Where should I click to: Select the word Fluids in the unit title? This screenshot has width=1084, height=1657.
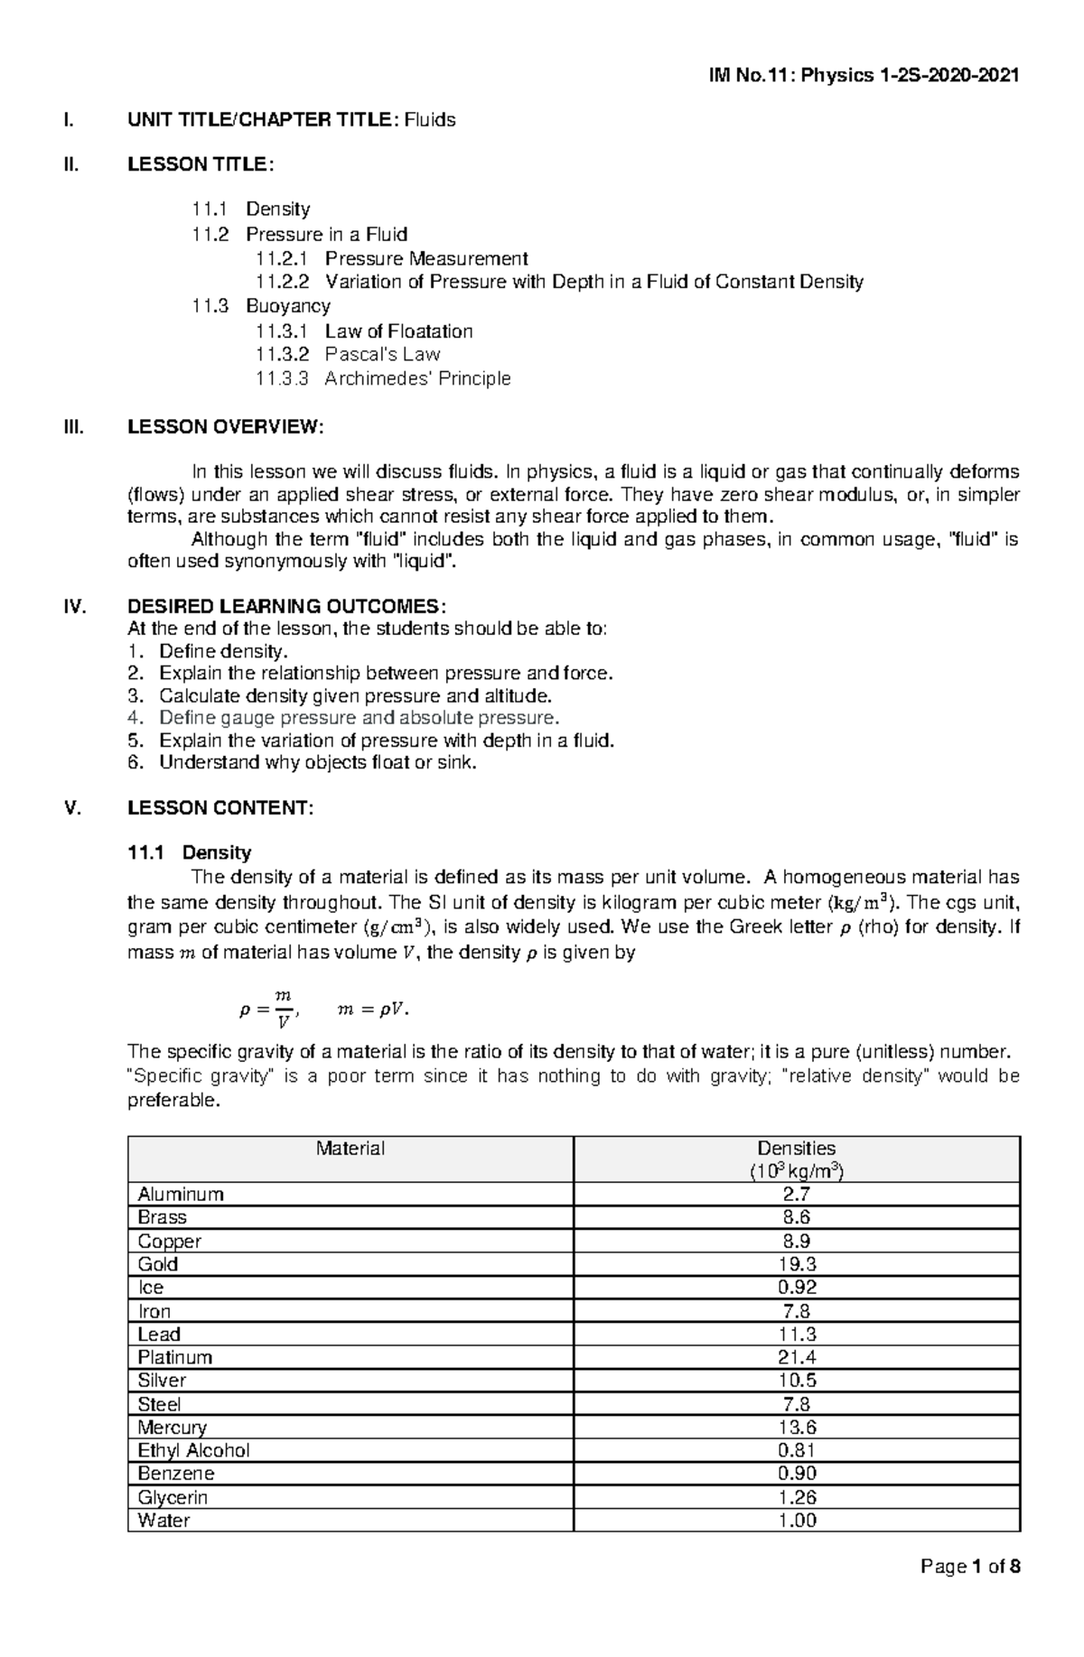(x=430, y=119)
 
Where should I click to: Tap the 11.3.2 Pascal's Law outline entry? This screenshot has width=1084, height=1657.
(x=348, y=355)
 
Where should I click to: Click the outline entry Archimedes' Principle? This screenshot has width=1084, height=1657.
(x=417, y=378)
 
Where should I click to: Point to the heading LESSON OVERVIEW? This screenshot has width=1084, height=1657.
(x=225, y=427)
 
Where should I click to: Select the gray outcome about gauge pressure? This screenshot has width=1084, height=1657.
(x=359, y=718)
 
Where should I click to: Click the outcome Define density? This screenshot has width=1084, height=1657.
(x=223, y=651)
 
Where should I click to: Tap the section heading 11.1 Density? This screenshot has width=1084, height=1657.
(x=190, y=852)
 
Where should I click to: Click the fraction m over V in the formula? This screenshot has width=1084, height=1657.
(x=283, y=1010)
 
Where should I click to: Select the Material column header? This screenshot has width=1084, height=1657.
(x=350, y=1149)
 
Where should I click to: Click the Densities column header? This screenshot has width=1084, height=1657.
(x=796, y=1149)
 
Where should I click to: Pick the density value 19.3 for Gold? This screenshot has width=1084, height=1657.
(x=796, y=1264)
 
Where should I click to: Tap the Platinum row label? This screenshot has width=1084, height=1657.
(x=175, y=1357)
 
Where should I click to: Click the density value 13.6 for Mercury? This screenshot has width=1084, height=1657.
(x=796, y=1428)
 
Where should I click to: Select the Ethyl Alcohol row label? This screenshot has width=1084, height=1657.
(x=193, y=1451)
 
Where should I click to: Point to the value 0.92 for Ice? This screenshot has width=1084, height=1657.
(x=796, y=1288)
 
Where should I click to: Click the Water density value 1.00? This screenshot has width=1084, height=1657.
(x=796, y=1521)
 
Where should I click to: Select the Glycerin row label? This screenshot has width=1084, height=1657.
(x=173, y=1497)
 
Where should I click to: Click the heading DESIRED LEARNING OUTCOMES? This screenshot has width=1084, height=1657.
(x=286, y=606)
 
